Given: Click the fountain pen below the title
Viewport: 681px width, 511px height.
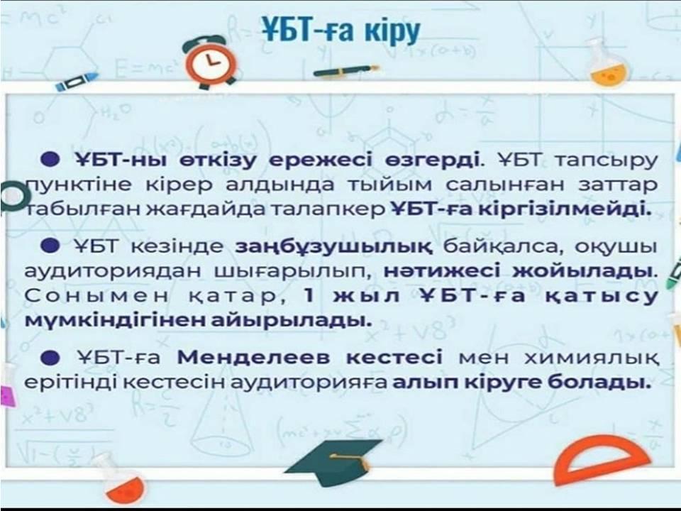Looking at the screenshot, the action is coord(345,70).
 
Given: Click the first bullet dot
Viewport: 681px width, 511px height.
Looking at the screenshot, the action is coord(50,159).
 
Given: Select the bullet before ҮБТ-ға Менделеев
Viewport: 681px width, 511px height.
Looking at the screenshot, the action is coord(50,357).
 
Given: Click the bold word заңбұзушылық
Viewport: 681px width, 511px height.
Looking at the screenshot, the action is coord(334,246).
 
